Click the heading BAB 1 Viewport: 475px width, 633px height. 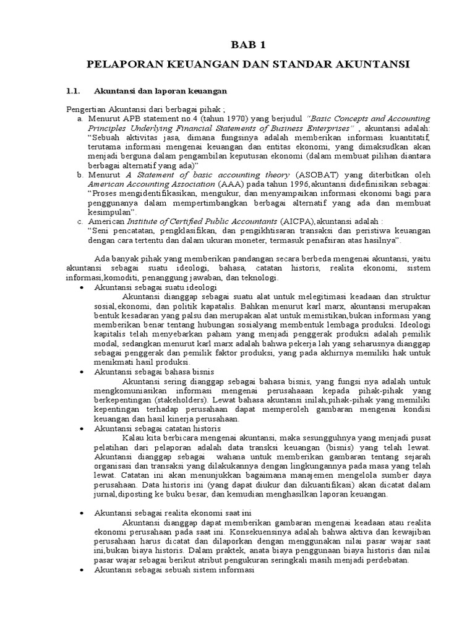237,45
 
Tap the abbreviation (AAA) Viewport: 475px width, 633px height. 225,184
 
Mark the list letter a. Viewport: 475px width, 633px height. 80,117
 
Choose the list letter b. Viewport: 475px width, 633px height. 80,175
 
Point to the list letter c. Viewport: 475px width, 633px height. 80,221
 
